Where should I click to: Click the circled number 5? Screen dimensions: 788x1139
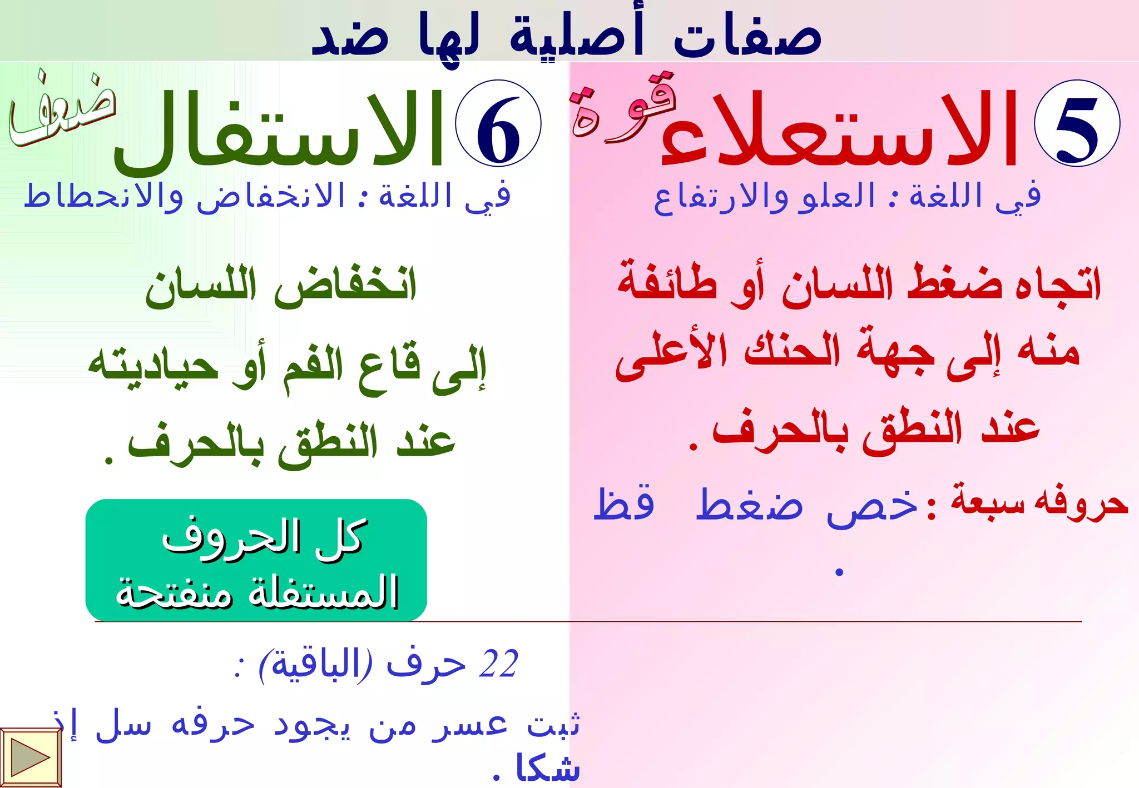tap(1077, 123)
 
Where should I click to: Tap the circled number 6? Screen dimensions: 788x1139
tap(498, 123)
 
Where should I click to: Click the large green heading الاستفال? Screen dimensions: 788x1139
tap(278, 131)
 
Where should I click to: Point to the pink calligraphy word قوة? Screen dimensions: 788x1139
tap(623, 108)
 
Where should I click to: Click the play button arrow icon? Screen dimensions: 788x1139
tap(30, 757)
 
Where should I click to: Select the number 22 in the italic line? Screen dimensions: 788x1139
tap(498, 664)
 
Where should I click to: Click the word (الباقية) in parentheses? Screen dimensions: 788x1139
tap(315, 664)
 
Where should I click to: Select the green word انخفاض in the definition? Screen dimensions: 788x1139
tap(345, 286)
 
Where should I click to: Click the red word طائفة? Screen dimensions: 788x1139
tap(667, 283)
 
